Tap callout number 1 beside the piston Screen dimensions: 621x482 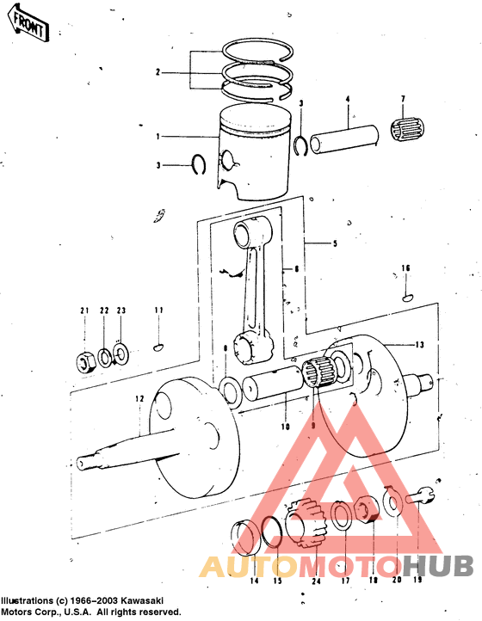pyautogui.click(x=158, y=136)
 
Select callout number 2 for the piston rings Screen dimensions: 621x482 pyautogui.click(x=158, y=72)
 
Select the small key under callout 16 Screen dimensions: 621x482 pyautogui.click(x=406, y=298)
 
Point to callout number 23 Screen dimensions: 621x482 pyautogui.click(x=121, y=310)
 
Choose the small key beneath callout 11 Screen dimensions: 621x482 pyautogui.click(x=158, y=347)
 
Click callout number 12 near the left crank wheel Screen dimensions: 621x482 pyautogui.click(x=138, y=399)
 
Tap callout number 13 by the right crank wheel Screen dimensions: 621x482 pyautogui.click(x=419, y=345)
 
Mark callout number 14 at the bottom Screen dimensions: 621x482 pyautogui.click(x=253, y=581)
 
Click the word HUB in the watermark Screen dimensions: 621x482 pyautogui.click(x=438, y=566)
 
